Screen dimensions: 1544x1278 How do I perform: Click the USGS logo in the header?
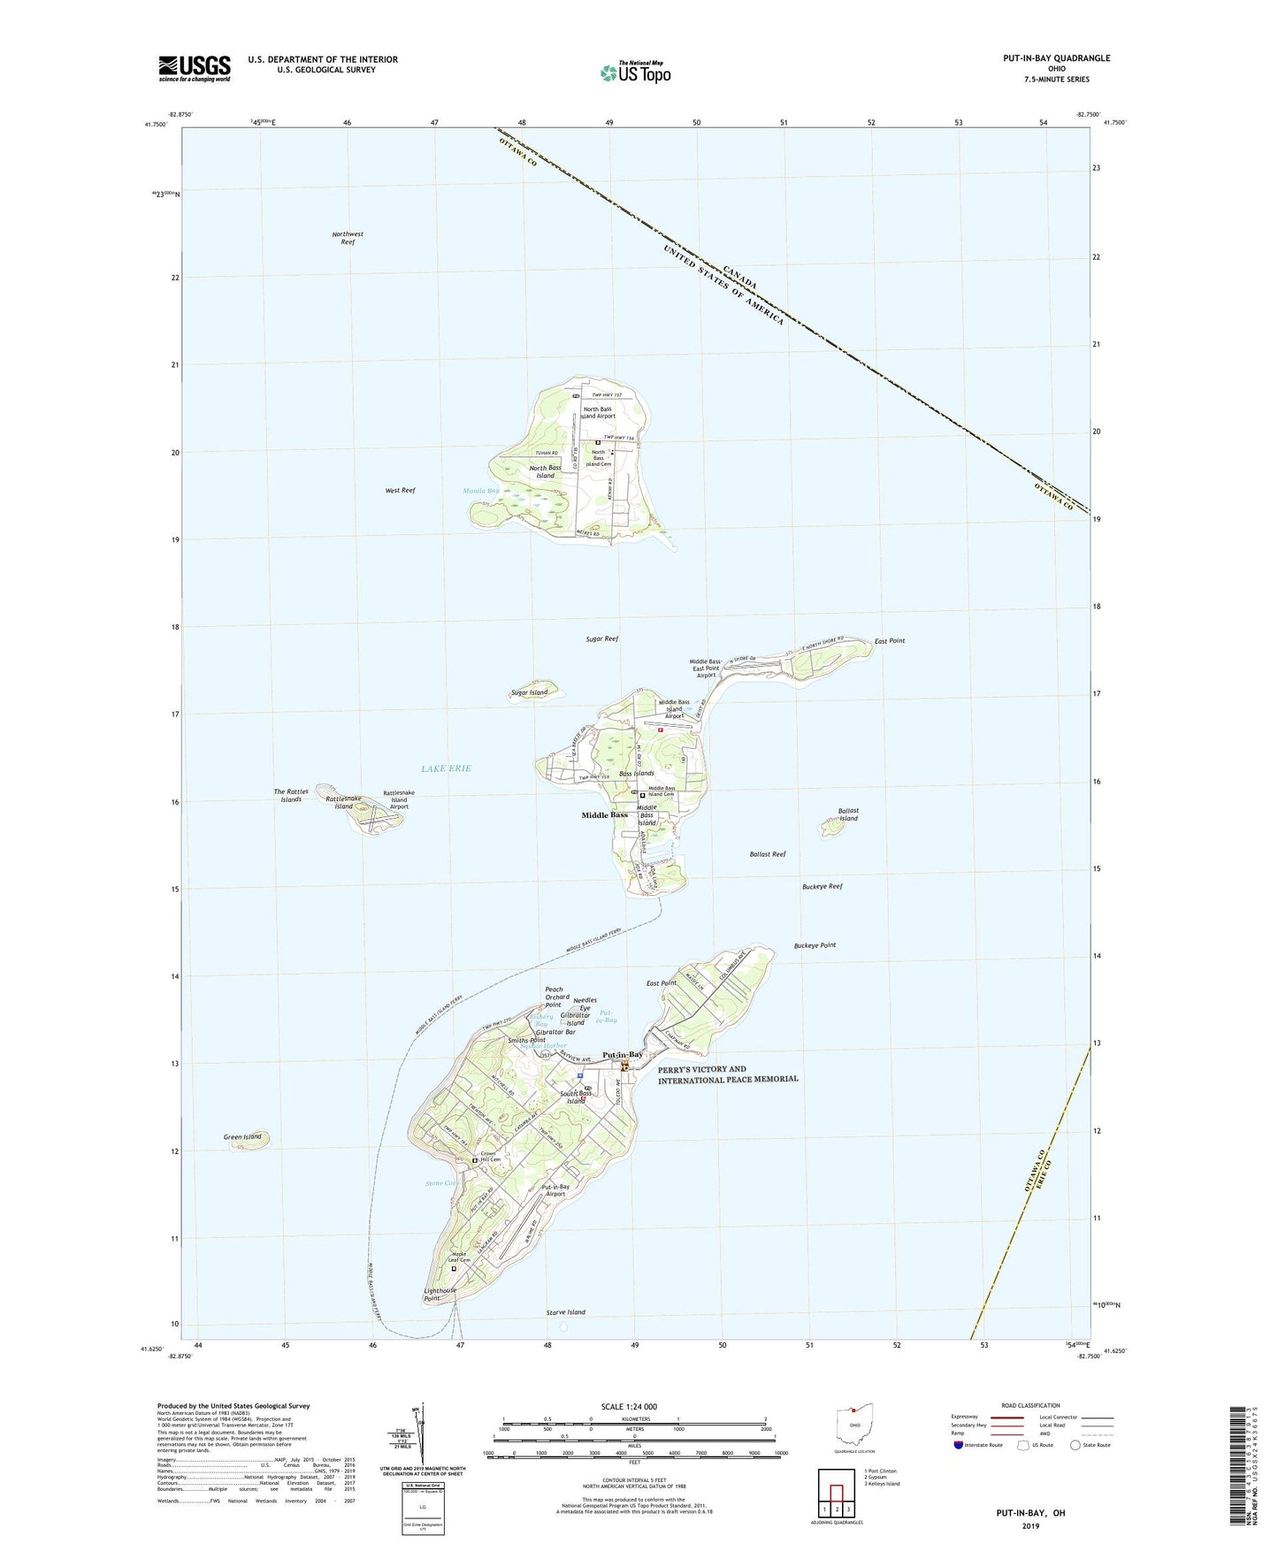(x=194, y=68)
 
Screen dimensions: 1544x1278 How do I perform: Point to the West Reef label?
(x=400, y=490)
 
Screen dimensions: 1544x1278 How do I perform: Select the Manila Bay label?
(x=481, y=491)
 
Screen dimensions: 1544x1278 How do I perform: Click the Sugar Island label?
(x=529, y=692)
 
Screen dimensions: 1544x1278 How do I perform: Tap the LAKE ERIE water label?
(x=446, y=768)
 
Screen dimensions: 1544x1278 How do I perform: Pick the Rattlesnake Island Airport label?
(x=399, y=799)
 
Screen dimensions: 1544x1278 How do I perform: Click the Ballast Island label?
(x=848, y=814)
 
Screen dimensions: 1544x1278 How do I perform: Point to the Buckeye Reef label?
(x=822, y=886)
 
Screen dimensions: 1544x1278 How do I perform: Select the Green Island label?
(x=242, y=1136)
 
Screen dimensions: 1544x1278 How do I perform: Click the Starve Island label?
(x=565, y=1312)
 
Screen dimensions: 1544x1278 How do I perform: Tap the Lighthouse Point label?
(x=440, y=1295)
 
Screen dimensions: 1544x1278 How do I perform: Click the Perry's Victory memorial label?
(x=728, y=1074)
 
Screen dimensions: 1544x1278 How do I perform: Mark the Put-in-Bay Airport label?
(x=555, y=1190)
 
